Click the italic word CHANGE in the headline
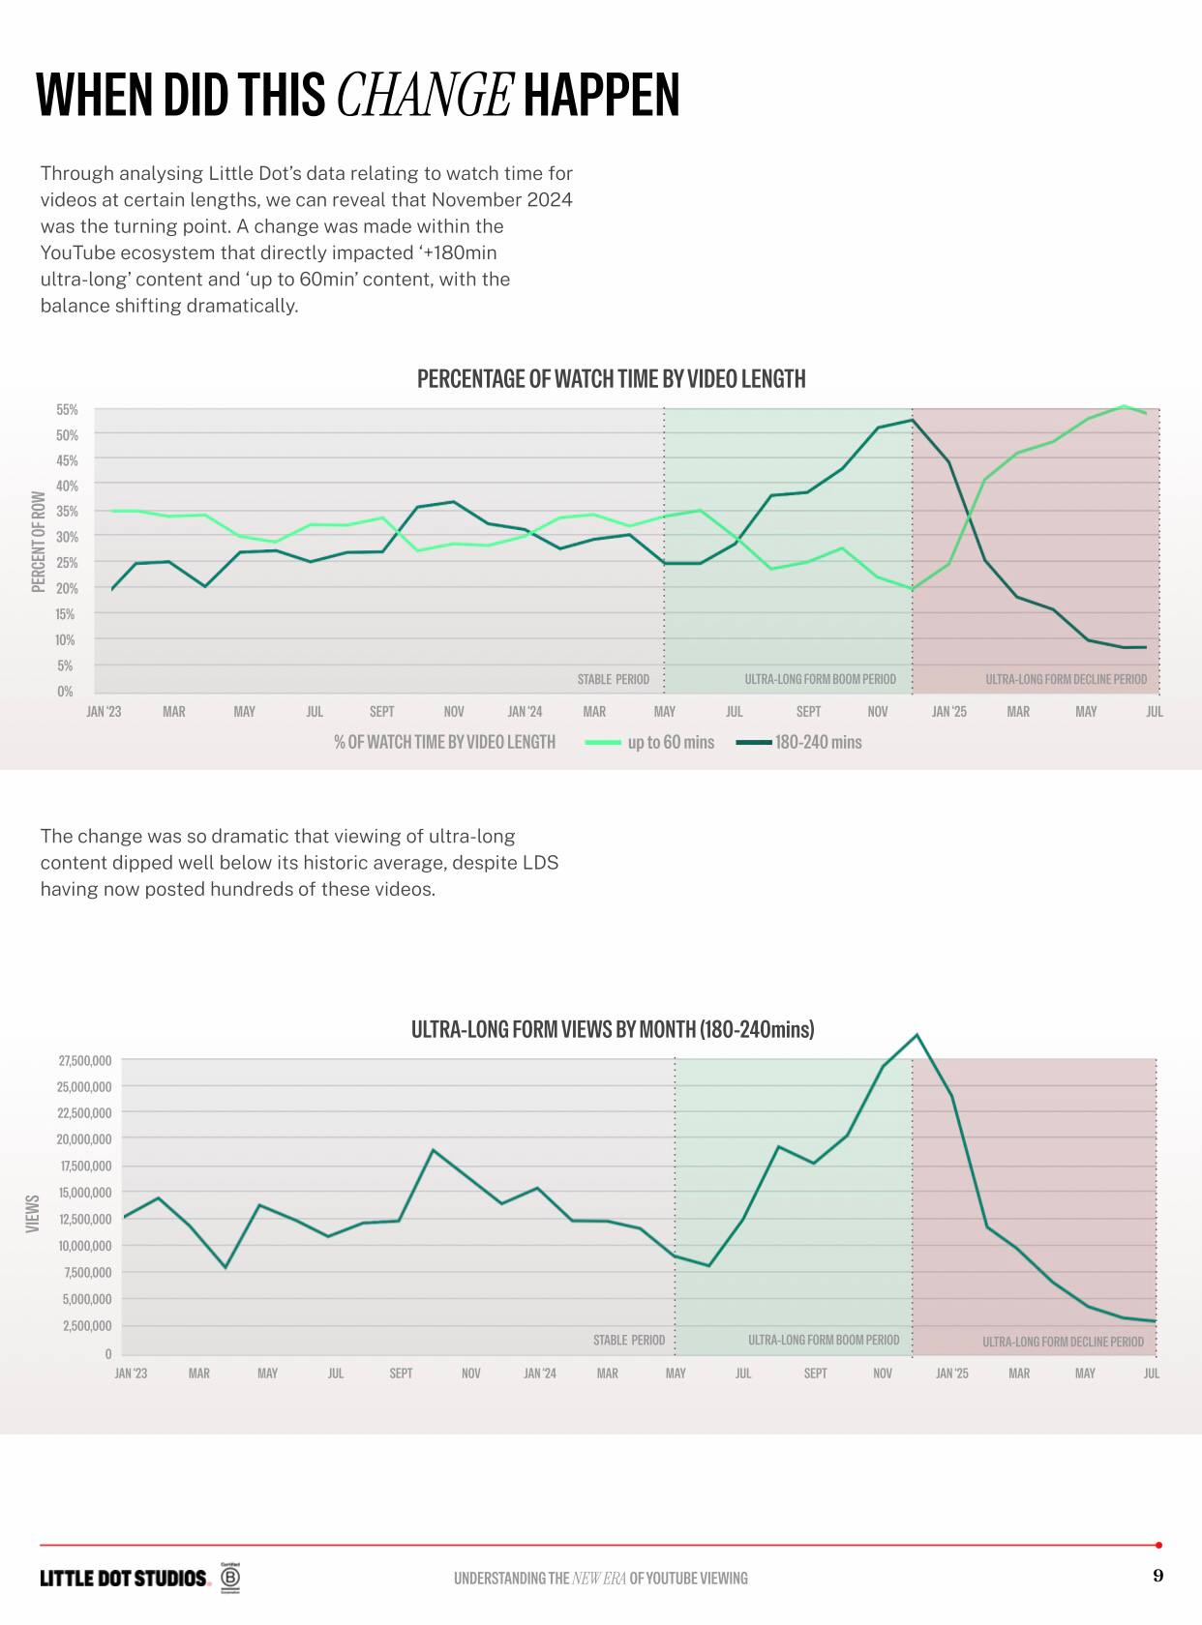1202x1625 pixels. click(x=424, y=95)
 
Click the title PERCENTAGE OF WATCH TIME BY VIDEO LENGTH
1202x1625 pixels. click(x=611, y=379)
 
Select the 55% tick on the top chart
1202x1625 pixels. click(x=67, y=410)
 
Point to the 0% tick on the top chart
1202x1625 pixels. click(x=65, y=692)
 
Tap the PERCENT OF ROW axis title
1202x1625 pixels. click(x=39, y=542)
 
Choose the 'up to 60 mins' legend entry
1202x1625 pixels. click(x=670, y=742)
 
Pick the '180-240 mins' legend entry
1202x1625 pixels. click(x=817, y=742)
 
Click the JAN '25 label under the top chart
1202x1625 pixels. click(x=948, y=712)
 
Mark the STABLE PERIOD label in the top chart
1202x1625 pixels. click(x=613, y=679)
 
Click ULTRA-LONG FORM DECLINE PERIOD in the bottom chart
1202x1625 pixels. click(x=1063, y=1342)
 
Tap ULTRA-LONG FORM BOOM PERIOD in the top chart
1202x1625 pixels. click(x=820, y=679)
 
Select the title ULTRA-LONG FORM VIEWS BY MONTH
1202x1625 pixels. click(x=612, y=1029)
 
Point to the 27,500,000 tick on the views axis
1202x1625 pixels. click(x=85, y=1061)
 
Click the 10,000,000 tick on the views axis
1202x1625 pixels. click(x=85, y=1246)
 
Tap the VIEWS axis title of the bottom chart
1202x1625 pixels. click(x=33, y=1213)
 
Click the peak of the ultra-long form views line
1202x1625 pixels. click(x=917, y=1035)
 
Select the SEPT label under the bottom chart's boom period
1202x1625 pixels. click(x=815, y=1374)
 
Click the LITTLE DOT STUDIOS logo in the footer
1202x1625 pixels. click(x=124, y=1579)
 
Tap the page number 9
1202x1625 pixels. click(x=1158, y=1576)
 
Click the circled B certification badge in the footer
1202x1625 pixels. click(x=230, y=1579)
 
